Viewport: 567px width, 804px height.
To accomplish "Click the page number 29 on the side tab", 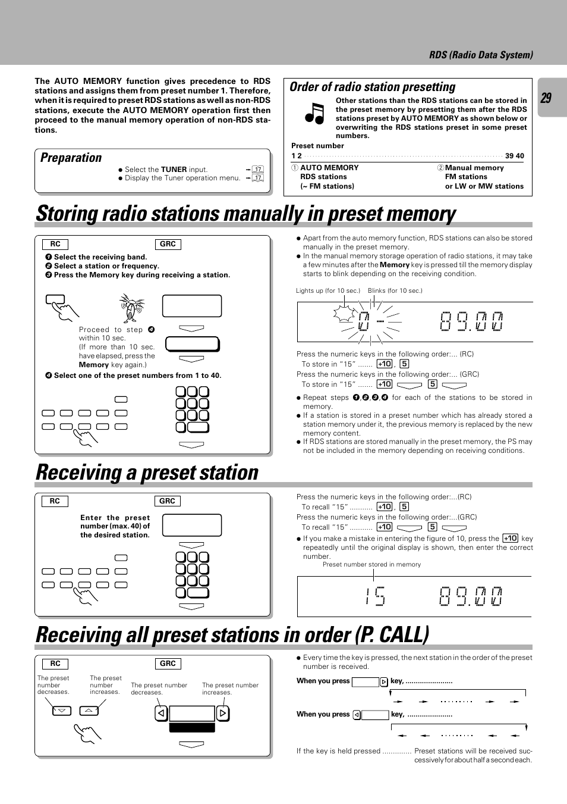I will click(546, 98).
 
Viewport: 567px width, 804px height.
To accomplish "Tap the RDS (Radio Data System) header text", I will click(481, 55).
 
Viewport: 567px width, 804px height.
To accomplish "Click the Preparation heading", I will click(71, 158).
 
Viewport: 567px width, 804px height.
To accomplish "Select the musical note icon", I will click(314, 113).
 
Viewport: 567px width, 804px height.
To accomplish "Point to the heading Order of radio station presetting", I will click(372, 87).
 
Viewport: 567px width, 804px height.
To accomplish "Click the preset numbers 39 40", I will click(514, 156).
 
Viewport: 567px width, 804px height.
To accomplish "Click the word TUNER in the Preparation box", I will click(174, 170).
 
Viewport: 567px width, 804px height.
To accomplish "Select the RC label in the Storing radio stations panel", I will click(55, 244).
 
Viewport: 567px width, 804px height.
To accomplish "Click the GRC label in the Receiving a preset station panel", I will click(167, 501).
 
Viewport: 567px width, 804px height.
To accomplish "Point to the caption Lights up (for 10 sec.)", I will click(327, 290).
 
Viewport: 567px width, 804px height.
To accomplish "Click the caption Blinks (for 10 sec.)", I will click(395, 290).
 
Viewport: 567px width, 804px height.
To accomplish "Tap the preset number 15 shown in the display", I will click(375, 596).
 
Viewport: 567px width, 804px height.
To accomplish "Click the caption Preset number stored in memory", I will click(371, 564).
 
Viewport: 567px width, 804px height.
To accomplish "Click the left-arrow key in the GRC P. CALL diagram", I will click(161, 713).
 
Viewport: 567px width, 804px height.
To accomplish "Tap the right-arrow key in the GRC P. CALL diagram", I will click(222, 713).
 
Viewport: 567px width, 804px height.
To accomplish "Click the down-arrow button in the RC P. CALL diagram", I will click(62, 711).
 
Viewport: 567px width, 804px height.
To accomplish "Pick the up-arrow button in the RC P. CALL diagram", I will click(89, 711).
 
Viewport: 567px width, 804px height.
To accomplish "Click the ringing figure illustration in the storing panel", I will click(131, 308).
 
